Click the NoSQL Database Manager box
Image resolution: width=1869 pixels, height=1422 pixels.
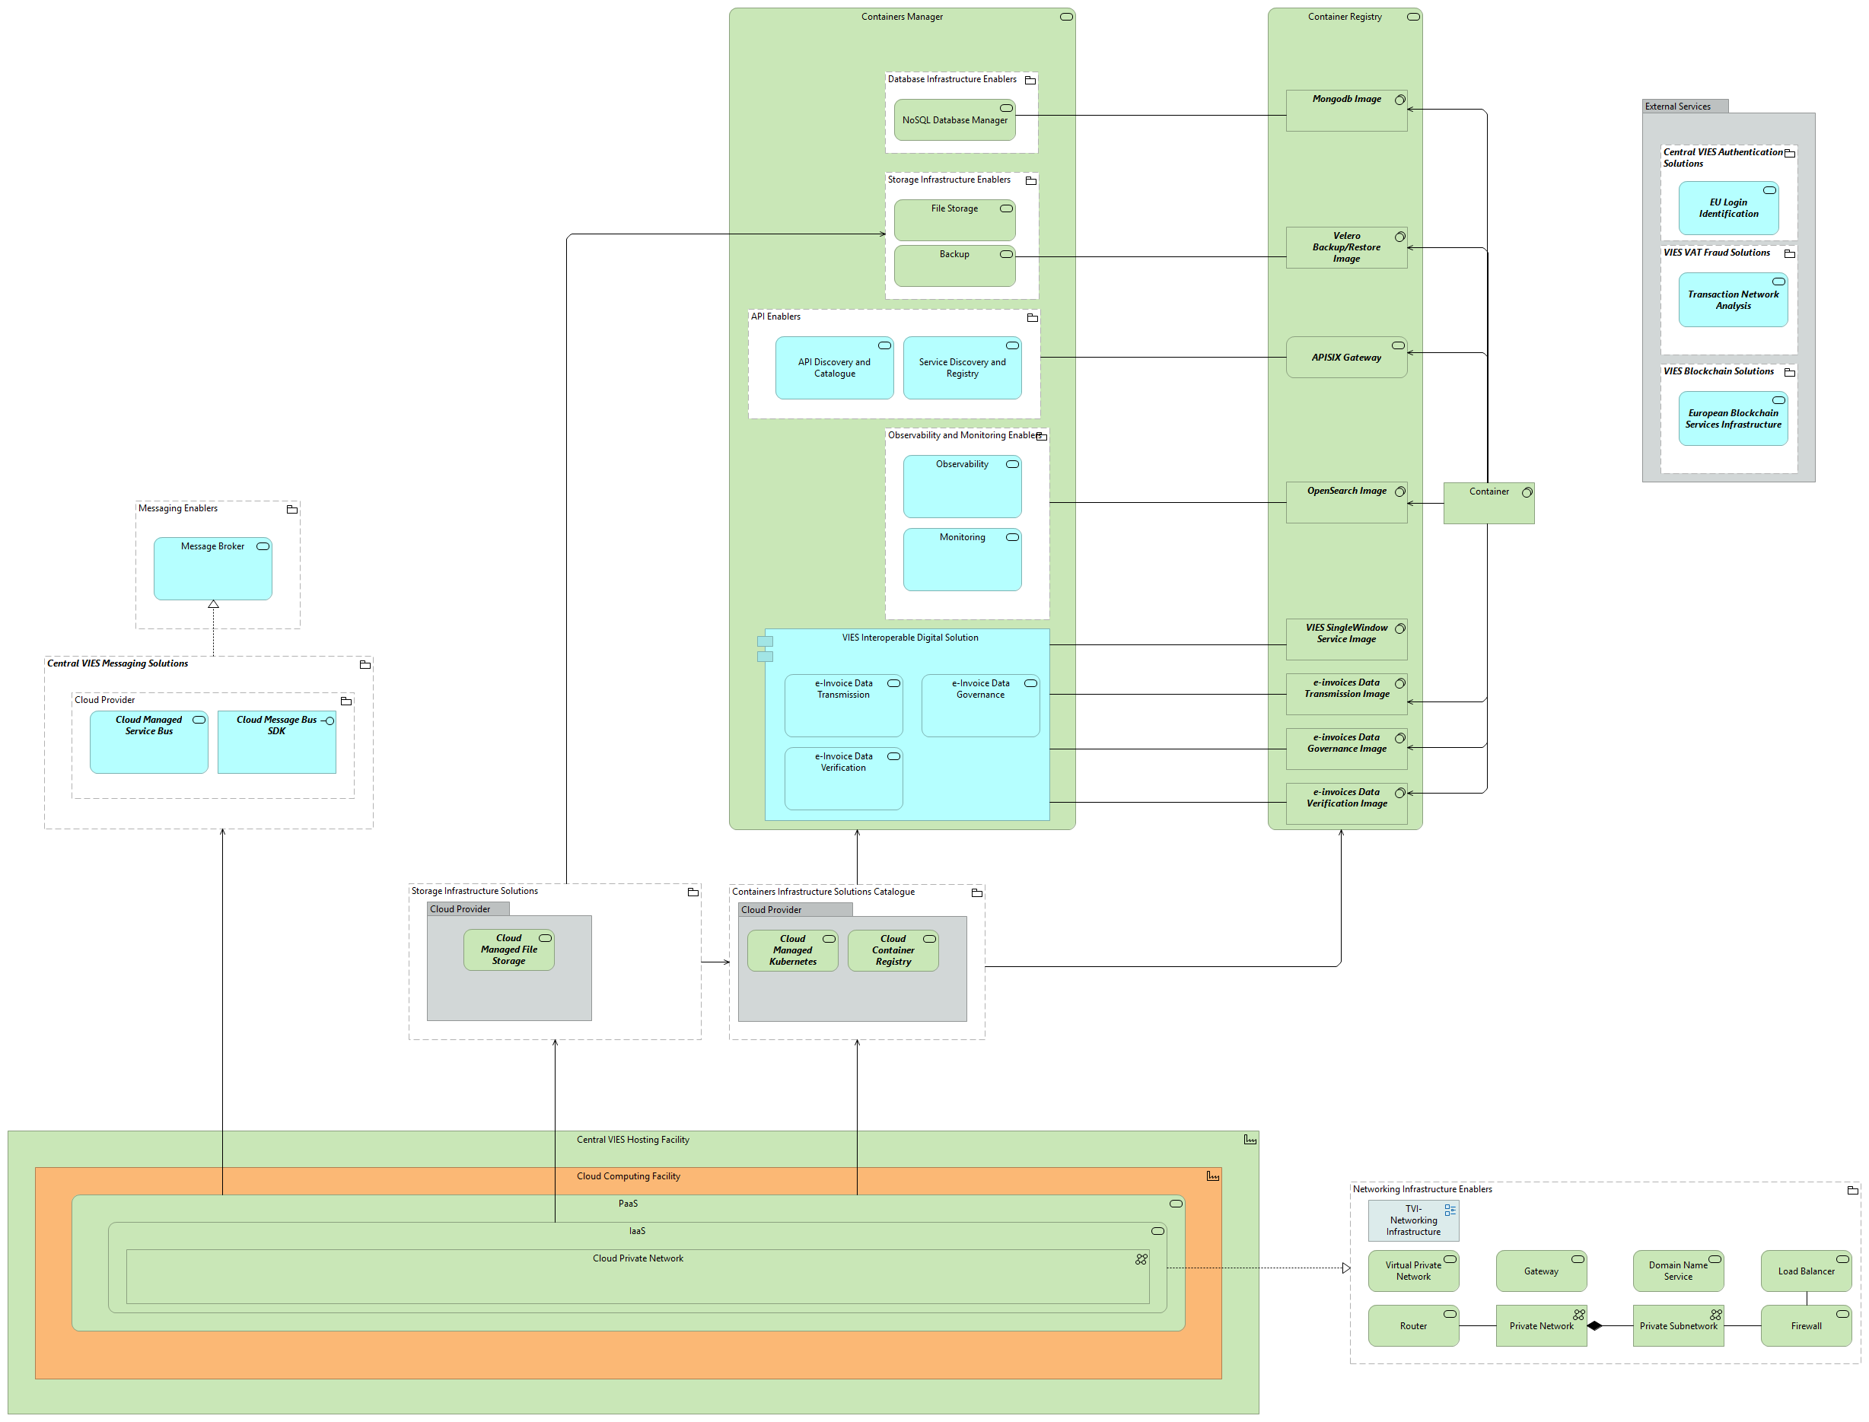coord(954,120)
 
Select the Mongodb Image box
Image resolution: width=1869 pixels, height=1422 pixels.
coord(1346,111)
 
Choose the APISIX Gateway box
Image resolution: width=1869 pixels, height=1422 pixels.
coord(1346,357)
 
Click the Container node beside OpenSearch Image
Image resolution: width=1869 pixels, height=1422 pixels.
coord(1488,503)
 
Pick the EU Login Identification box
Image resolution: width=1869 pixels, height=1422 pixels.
coord(1727,208)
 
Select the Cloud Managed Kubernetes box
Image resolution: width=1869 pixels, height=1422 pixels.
coord(792,950)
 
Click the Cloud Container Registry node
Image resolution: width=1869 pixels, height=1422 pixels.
coord(892,950)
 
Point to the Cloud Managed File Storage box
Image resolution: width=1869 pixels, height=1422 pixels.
coord(509,950)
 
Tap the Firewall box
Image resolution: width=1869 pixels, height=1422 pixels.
coord(1806,1325)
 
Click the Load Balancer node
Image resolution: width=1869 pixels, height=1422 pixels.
coord(1806,1271)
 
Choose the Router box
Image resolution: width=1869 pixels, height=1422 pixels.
coord(1412,1325)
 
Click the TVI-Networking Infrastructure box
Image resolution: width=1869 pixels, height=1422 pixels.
coord(1412,1220)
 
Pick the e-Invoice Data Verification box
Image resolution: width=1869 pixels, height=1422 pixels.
coord(843,778)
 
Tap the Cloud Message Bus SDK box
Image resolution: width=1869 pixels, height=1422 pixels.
coord(276,742)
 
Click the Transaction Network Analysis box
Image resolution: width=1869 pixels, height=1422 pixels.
coord(1733,300)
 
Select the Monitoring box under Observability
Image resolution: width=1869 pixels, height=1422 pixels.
coord(962,558)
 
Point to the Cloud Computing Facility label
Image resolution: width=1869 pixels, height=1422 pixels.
coord(628,1175)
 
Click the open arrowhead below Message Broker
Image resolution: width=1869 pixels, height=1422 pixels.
coord(213,604)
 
